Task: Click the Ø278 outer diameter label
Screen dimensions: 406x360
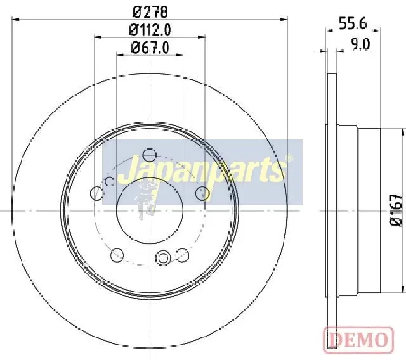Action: point(150,12)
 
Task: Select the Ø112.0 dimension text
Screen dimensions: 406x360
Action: point(150,30)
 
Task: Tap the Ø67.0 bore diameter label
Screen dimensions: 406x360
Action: point(150,48)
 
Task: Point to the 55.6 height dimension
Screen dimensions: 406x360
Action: point(353,23)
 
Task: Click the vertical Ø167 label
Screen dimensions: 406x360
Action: point(396,210)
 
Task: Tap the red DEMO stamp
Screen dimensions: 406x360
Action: point(358,340)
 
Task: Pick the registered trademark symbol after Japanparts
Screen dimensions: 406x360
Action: point(289,157)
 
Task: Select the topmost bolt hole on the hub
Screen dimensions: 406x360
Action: point(150,155)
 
